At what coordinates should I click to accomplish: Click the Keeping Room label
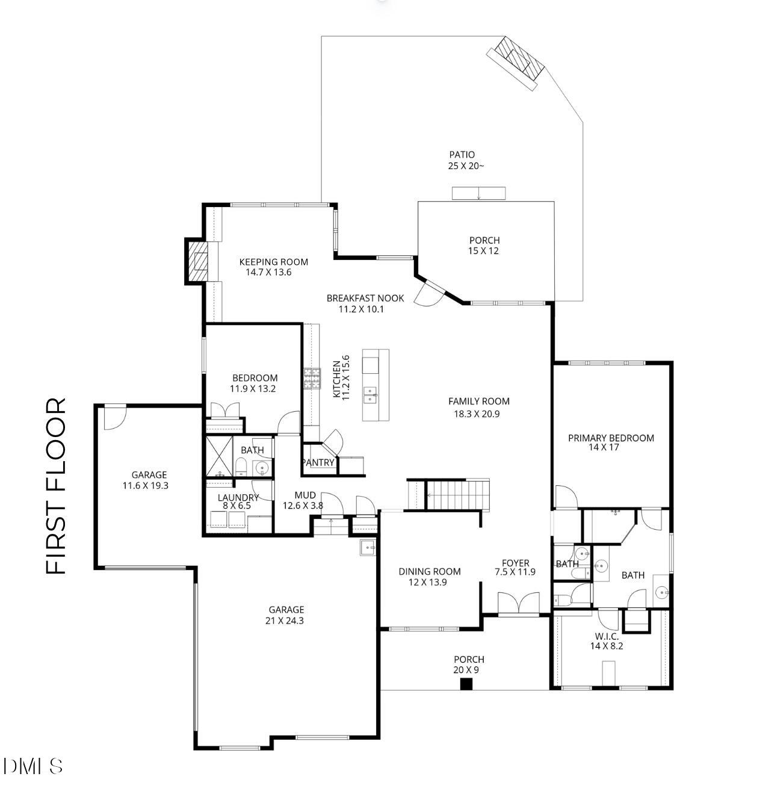(x=273, y=262)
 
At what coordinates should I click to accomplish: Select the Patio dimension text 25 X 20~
(x=465, y=166)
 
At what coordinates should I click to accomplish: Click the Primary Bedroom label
(x=611, y=438)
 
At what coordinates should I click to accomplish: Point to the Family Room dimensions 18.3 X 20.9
(x=477, y=414)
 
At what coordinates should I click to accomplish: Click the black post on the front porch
(x=466, y=684)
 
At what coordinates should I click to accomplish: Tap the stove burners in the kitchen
(x=312, y=379)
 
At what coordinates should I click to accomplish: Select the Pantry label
(x=319, y=462)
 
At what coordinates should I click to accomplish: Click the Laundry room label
(x=238, y=497)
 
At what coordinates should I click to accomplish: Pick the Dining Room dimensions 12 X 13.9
(x=427, y=582)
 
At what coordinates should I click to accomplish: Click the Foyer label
(x=515, y=563)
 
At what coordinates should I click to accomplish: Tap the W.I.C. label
(x=606, y=636)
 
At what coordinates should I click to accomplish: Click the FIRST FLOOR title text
(x=56, y=486)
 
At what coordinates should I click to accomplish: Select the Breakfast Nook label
(x=365, y=298)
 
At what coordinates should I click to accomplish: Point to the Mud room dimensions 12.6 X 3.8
(x=303, y=505)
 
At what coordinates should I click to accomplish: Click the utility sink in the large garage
(x=368, y=548)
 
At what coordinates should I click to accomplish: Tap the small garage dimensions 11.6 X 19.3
(x=145, y=485)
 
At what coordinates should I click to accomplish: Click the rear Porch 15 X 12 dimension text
(x=483, y=250)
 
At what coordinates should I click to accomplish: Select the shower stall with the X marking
(x=219, y=456)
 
